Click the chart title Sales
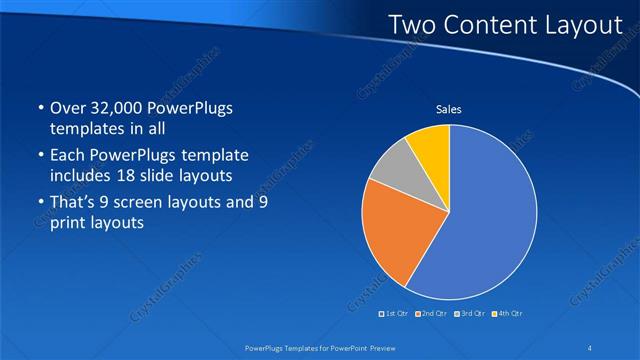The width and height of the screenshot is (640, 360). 448,109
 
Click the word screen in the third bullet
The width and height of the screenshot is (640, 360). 135,202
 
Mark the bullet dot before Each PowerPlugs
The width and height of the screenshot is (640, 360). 38,156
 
